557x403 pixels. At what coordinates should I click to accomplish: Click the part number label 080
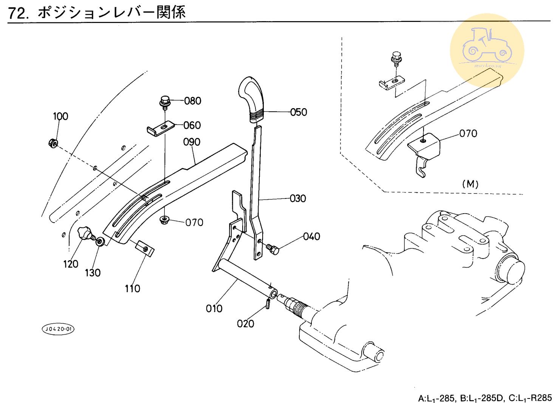pos(193,101)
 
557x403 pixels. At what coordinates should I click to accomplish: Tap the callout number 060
pos(192,125)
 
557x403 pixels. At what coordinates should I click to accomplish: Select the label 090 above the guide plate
pos(192,142)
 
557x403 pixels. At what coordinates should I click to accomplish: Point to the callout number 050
pos(299,112)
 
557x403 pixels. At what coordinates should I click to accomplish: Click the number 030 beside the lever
pos(298,198)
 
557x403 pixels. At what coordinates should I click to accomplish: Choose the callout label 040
pos(311,237)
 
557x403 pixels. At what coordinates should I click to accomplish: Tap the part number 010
pos(214,309)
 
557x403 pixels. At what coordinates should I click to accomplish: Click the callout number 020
pos(245,324)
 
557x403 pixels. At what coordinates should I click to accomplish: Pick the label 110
pos(132,289)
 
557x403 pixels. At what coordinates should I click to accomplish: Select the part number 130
pos(93,273)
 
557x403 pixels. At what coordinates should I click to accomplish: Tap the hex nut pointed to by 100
pos(53,143)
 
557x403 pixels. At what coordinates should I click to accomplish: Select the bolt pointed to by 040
pos(272,248)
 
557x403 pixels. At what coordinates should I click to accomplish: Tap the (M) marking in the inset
pos(470,184)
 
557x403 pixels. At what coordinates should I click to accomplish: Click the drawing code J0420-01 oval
pos(58,329)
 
